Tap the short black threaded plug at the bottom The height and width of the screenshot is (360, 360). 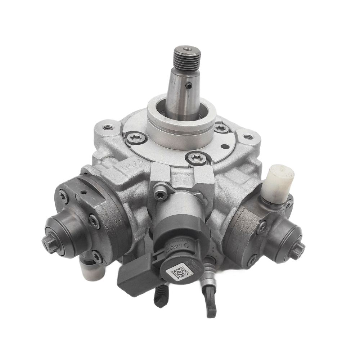[x=161, y=296]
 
